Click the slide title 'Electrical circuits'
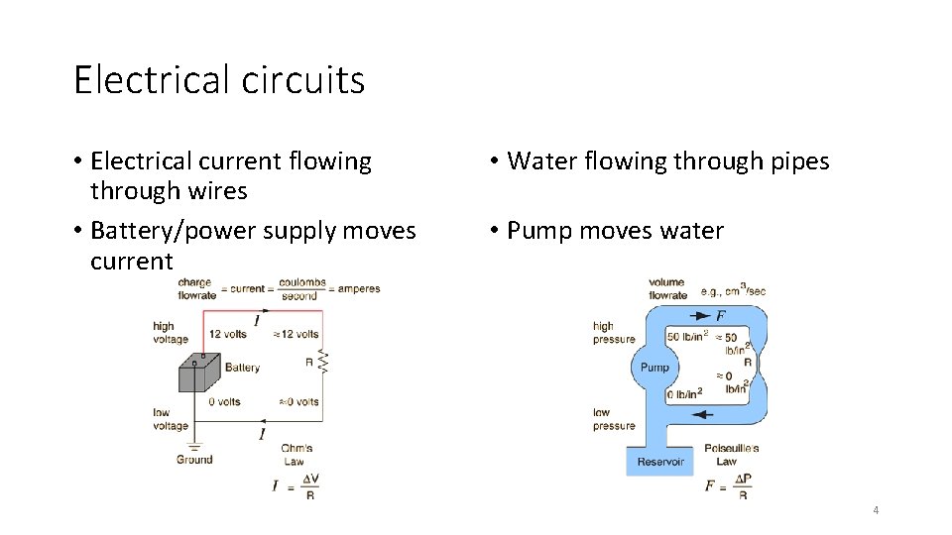pos(219,79)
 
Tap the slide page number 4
pos(876,510)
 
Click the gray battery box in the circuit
pos(199,374)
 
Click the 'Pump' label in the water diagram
pos(654,368)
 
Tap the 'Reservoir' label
pos(660,462)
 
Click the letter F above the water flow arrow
pos(720,315)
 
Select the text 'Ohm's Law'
pos(294,455)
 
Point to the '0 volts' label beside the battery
pos(224,402)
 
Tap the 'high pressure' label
pos(613,333)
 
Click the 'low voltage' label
pos(170,419)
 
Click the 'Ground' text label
pos(194,460)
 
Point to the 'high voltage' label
pos(170,333)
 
